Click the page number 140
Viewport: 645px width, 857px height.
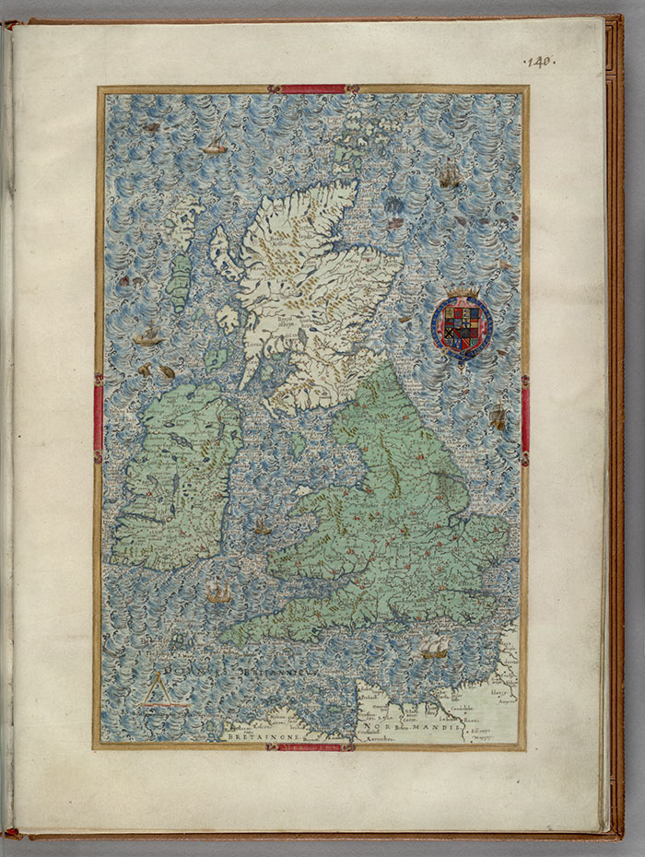point(539,62)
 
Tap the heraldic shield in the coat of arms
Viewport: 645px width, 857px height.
point(462,326)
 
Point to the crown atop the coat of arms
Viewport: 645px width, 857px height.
point(463,294)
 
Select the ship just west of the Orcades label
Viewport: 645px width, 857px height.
point(216,145)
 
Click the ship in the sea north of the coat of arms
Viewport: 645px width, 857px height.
point(449,175)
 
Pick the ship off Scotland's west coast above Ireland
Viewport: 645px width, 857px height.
point(147,336)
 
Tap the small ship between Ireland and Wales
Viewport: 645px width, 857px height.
point(263,527)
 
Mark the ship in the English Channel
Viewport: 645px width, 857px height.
point(434,649)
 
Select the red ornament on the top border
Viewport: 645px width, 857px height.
point(312,89)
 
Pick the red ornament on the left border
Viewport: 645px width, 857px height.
point(98,417)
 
